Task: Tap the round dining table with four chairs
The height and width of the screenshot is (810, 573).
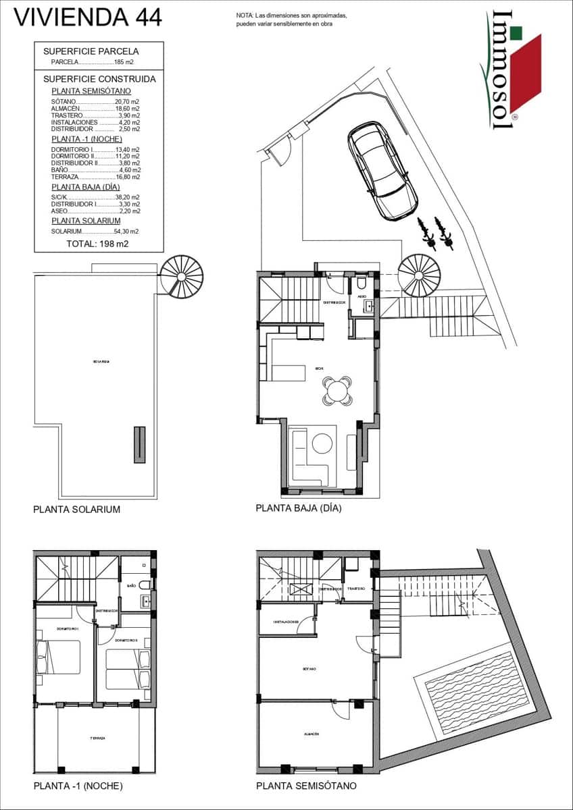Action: pos(337,391)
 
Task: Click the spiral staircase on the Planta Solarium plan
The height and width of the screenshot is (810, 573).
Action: pos(181,275)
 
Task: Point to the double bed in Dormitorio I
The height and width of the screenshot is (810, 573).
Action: pos(57,657)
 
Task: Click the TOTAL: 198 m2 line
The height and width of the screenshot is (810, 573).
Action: pos(98,244)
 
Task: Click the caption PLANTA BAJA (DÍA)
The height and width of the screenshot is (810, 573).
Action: pos(298,508)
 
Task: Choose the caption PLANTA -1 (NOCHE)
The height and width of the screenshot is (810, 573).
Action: pos(78,786)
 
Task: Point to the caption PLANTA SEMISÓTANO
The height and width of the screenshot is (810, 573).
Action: pos(306,786)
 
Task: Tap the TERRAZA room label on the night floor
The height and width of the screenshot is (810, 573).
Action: pos(97,738)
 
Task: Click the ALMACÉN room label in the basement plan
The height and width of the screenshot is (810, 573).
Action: pos(311,734)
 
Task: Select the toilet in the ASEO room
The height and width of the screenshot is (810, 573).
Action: pos(361,283)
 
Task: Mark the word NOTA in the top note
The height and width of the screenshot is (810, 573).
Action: pos(245,15)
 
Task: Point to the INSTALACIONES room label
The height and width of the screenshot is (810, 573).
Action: pos(286,622)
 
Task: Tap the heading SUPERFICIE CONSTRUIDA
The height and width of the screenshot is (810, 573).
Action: pos(99,79)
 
